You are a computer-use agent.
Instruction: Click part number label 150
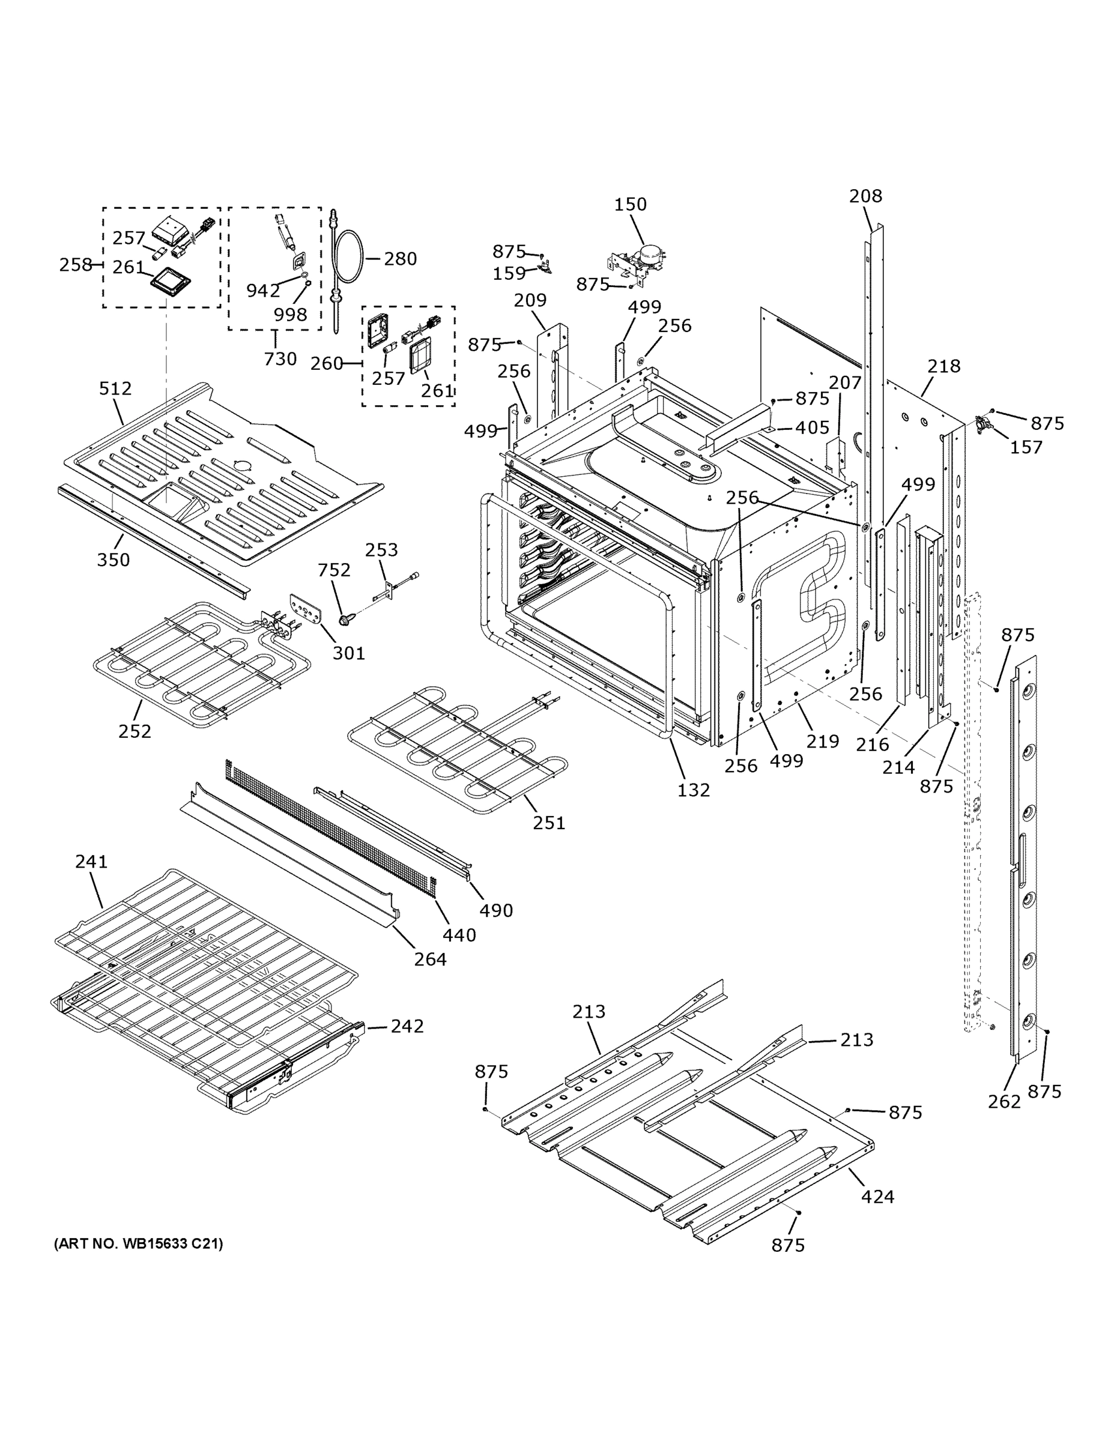coord(630,205)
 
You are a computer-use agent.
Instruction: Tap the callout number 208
coord(865,196)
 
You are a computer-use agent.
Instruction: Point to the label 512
coord(115,388)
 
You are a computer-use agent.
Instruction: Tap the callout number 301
coord(348,653)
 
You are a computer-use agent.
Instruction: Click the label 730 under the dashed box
coord(280,359)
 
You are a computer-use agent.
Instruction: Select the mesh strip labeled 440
coord(330,828)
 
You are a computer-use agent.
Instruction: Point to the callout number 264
coord(431,959)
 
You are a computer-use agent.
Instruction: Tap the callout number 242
coord(407,1026)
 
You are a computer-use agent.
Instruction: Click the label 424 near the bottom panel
coord(878,1196)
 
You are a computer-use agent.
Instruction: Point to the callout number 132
coord(694,790)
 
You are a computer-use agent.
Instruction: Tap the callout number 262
coord(1004,1101)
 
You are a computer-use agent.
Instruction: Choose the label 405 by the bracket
coord(812,427)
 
